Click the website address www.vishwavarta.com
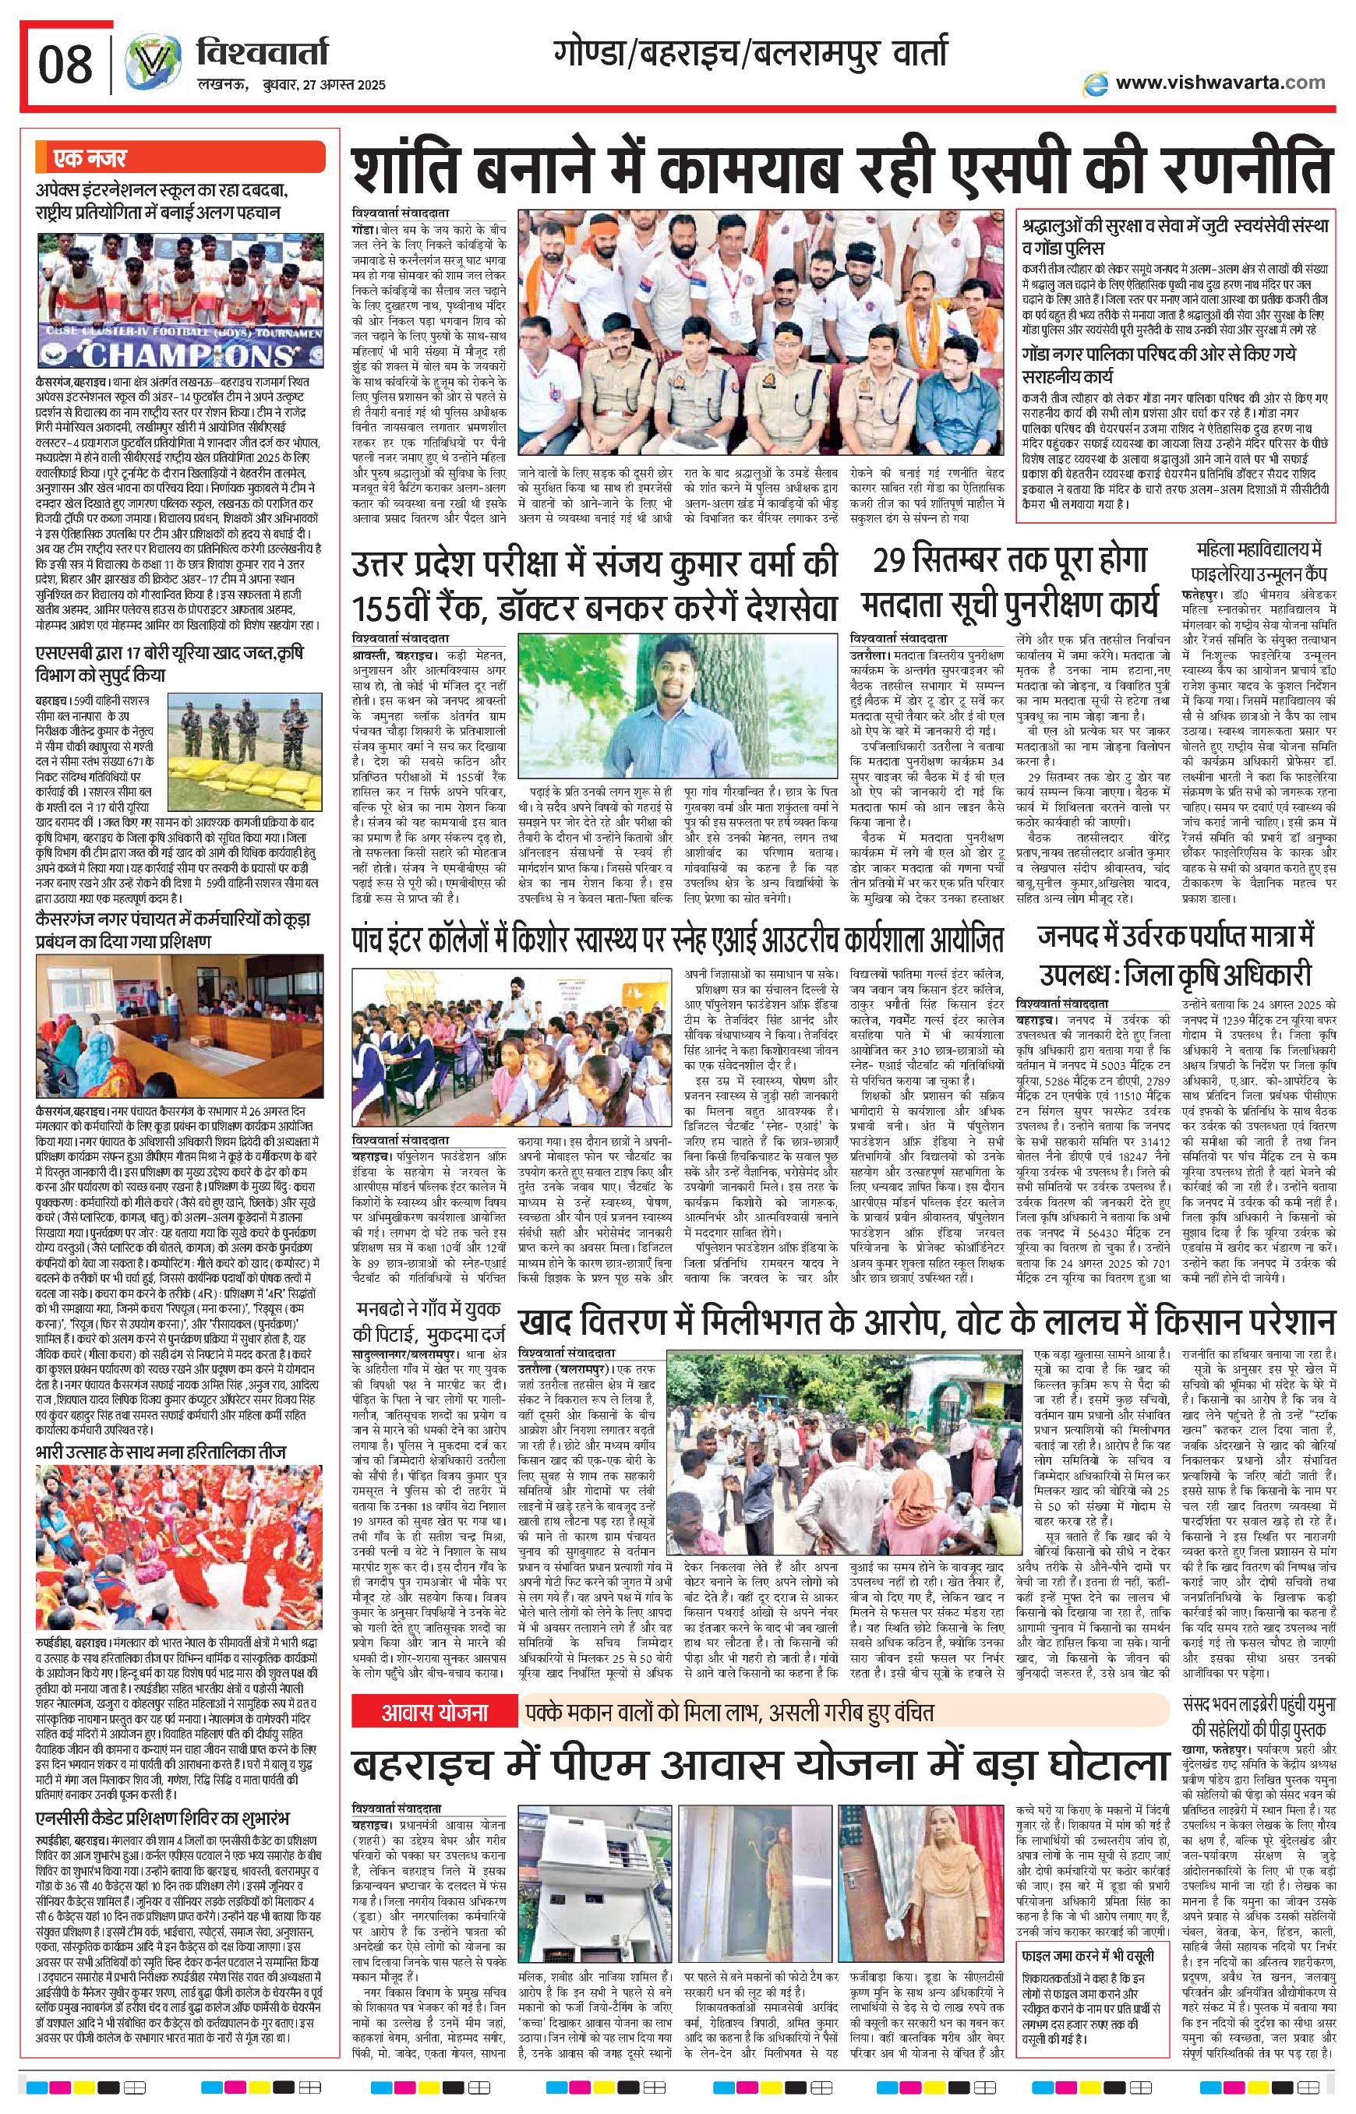(x=1220, y=83)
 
